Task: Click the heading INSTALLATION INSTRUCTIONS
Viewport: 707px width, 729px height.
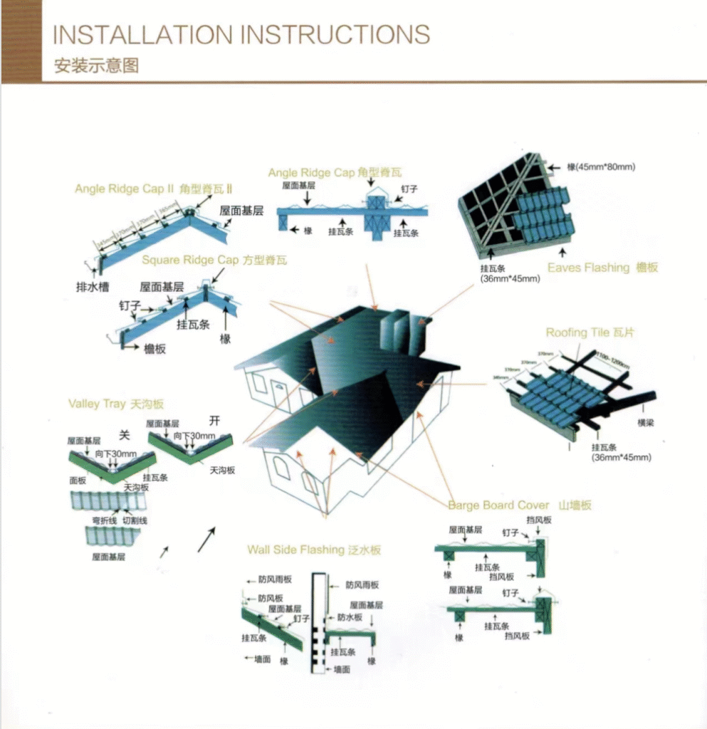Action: pyautogui.click(x=241, y=34)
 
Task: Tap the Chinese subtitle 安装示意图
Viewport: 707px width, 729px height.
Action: pyautogui.click(x=96, y=66)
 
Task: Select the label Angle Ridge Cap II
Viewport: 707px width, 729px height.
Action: pyautogui.click(x=125, y=189)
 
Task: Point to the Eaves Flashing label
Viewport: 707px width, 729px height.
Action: pyautogui.click(x=589, y=268)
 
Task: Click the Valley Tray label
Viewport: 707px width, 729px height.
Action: pyautogui.click(x=97, y=404)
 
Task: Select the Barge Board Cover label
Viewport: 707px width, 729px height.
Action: pyautogui.click(x=498, y=505)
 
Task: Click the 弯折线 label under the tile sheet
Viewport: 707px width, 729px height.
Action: pyautogui.click(x=105, y=520)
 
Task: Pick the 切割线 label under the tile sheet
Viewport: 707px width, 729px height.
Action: pyautogui.click(x=135, y=520)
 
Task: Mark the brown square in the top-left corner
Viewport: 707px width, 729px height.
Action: pyautogui.click(x=21, y=41)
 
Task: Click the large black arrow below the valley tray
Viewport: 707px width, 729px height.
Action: pyautogui.click(x=206, y=540)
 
